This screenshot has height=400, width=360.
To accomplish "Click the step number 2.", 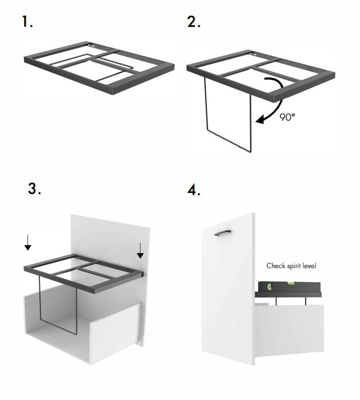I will coord(194,22).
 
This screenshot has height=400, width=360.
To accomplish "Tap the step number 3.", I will coord(34,188).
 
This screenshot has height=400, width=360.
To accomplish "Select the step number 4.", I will coord(194,190).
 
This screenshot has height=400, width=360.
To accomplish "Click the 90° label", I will coord(288,117).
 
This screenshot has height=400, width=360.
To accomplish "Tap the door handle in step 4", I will coord(224,231).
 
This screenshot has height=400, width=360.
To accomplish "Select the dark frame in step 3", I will coord(84,269).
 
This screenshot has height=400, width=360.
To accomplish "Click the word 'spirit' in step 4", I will coord(292,265).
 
